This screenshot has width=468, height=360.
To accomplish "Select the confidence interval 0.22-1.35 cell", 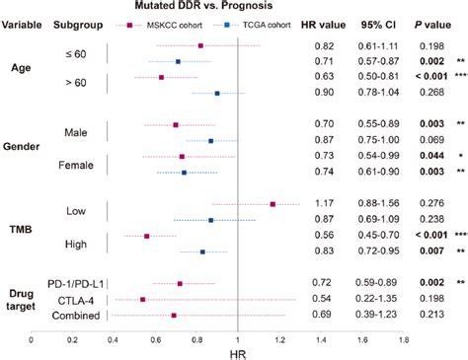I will click(x=379, y=299).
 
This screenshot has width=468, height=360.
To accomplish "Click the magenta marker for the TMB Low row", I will click(x=273, y=204).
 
